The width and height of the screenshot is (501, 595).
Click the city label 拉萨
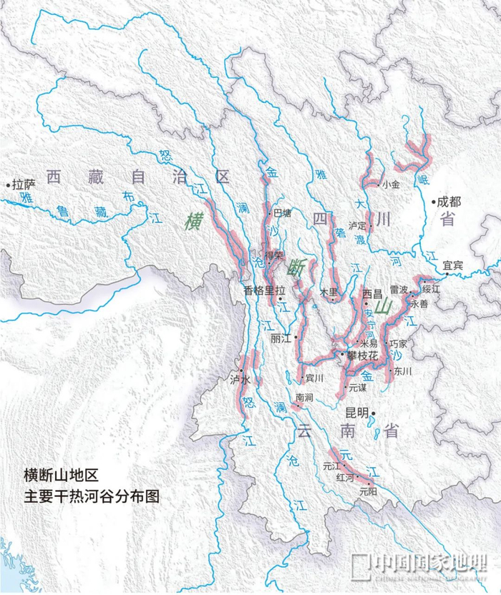[24, 185]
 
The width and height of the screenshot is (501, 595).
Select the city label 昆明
[356, 413]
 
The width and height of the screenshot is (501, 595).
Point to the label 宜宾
[453, 265]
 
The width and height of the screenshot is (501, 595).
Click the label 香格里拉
[264, 291]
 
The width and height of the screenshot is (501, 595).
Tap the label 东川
[403, 370]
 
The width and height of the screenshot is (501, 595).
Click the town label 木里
[327, 292]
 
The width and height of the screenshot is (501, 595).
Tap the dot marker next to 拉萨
[9, 185]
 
